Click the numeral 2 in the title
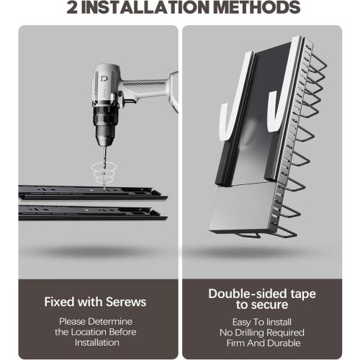tap(72, 7)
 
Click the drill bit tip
tap(104, 189)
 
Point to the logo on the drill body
tap(104, 78)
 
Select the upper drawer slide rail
tap(93, 193)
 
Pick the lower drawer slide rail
tap(93, 213)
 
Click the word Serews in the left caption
tap(126, 302)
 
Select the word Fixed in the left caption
tap(59, 302)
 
